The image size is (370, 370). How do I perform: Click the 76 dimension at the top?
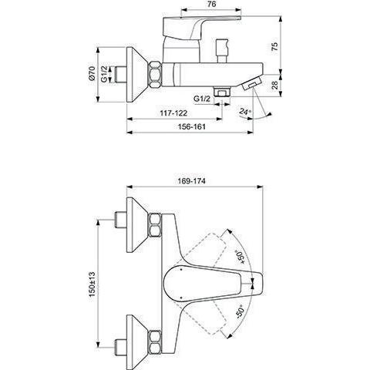pos(211,4)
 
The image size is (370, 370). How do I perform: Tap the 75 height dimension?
pos(274,46)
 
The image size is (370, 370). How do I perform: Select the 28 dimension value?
pos(274,86)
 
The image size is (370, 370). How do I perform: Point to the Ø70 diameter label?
pos(92,73)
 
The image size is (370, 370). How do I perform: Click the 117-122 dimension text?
pos(173,113)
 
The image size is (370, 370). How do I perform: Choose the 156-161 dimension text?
pos(192,126)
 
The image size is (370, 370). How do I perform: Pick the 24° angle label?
pos(245,112)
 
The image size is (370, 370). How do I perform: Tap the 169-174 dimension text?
pos(192,181)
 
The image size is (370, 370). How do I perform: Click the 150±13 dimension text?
pos(92,284)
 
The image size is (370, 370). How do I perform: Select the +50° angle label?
pos(240,257)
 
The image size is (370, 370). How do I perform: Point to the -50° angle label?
pos(240,311)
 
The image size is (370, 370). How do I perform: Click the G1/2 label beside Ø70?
pos(104,74)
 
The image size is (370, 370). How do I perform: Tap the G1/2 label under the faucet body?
pos(202,99)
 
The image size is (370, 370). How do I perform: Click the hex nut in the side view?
pos(155,75)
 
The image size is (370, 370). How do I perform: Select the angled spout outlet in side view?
pos(252,82)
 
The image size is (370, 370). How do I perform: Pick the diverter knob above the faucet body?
pos(222,51)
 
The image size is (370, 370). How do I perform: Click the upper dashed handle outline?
pos(206,247)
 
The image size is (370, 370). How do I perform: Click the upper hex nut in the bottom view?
pos(155,225)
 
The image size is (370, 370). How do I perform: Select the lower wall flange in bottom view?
pos(138,341)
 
